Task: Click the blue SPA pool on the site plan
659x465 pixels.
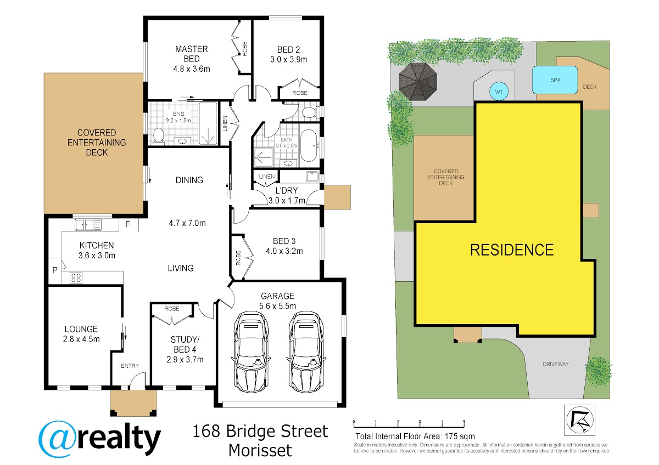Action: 555,80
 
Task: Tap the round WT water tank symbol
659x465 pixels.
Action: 499,92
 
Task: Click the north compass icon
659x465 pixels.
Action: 579,420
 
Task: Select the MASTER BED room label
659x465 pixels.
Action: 192,54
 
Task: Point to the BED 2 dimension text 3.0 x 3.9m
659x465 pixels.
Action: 289,60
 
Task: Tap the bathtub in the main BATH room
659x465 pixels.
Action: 308,145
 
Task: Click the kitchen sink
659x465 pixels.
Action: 88,225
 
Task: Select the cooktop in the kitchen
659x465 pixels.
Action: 76,277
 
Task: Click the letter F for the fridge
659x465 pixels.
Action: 127,224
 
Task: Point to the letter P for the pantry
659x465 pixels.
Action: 55,270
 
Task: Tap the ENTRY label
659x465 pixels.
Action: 130,366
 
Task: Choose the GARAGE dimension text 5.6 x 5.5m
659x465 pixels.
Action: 277,306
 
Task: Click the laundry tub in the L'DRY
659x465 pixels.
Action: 312,176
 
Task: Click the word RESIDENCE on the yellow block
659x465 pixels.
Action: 512,250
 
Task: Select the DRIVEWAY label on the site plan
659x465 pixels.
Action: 555,364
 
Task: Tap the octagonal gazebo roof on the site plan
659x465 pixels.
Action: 418,81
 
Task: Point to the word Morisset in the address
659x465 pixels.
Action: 260,451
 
